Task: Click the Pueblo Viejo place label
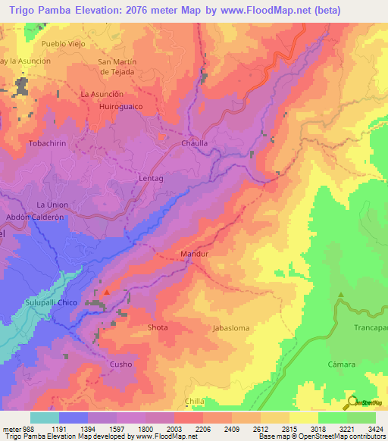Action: point(45,45)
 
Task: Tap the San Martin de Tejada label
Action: point(117,67)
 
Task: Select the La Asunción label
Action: point(102,94)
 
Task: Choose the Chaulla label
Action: point(195,142)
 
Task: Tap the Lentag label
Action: point(152,178)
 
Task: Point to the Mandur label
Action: point(195,255)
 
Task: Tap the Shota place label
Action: point(158,327)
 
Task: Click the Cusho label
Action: point(121,364)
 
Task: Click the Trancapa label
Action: point(370,328)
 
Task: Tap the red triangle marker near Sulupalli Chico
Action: point(107,291)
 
